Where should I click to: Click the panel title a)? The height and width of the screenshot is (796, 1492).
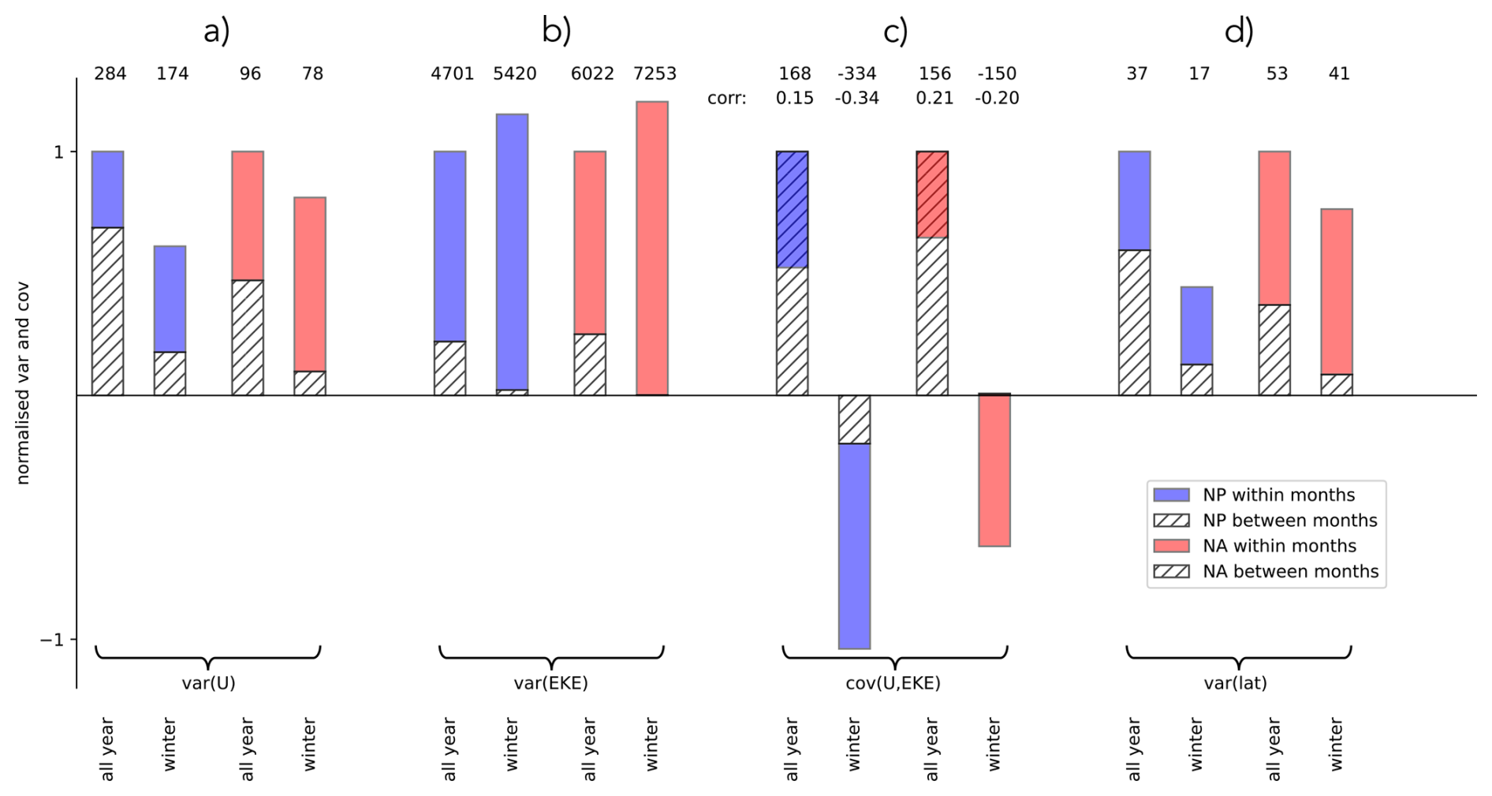[x=217, y=32]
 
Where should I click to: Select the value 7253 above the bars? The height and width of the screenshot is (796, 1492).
[x=655, y=73]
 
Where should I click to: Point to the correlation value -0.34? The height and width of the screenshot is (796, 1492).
[x=856, y=98]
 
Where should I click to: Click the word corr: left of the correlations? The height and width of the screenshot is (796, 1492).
[x=726, y=99]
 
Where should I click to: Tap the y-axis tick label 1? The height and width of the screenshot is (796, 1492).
[x=58, y=151]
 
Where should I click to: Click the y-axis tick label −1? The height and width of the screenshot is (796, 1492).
[x=52, y=639]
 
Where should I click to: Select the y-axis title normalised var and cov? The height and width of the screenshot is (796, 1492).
[x=22, y=383]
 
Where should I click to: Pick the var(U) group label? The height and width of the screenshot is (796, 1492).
[x=208, y=683]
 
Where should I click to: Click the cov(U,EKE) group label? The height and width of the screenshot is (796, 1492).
[x=893, y=683]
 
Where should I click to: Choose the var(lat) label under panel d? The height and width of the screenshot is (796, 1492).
[x=1235, y=683]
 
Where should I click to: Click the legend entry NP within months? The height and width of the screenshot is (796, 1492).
[x=1278, y=495]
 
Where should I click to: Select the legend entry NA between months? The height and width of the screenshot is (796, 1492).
[x=1290, y=571]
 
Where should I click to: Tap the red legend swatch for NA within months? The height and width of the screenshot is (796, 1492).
[x=1171, y=546]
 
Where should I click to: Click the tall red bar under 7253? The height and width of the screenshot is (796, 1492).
[x=652, y=248]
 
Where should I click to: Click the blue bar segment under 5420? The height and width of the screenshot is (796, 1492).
[x=512, y=252]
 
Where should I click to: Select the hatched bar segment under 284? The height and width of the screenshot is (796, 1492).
[x=108, y=311]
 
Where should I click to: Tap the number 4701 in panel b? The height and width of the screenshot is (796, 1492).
[x=452, y=73]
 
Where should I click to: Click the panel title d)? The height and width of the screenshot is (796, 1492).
[x=1239, y=32]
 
